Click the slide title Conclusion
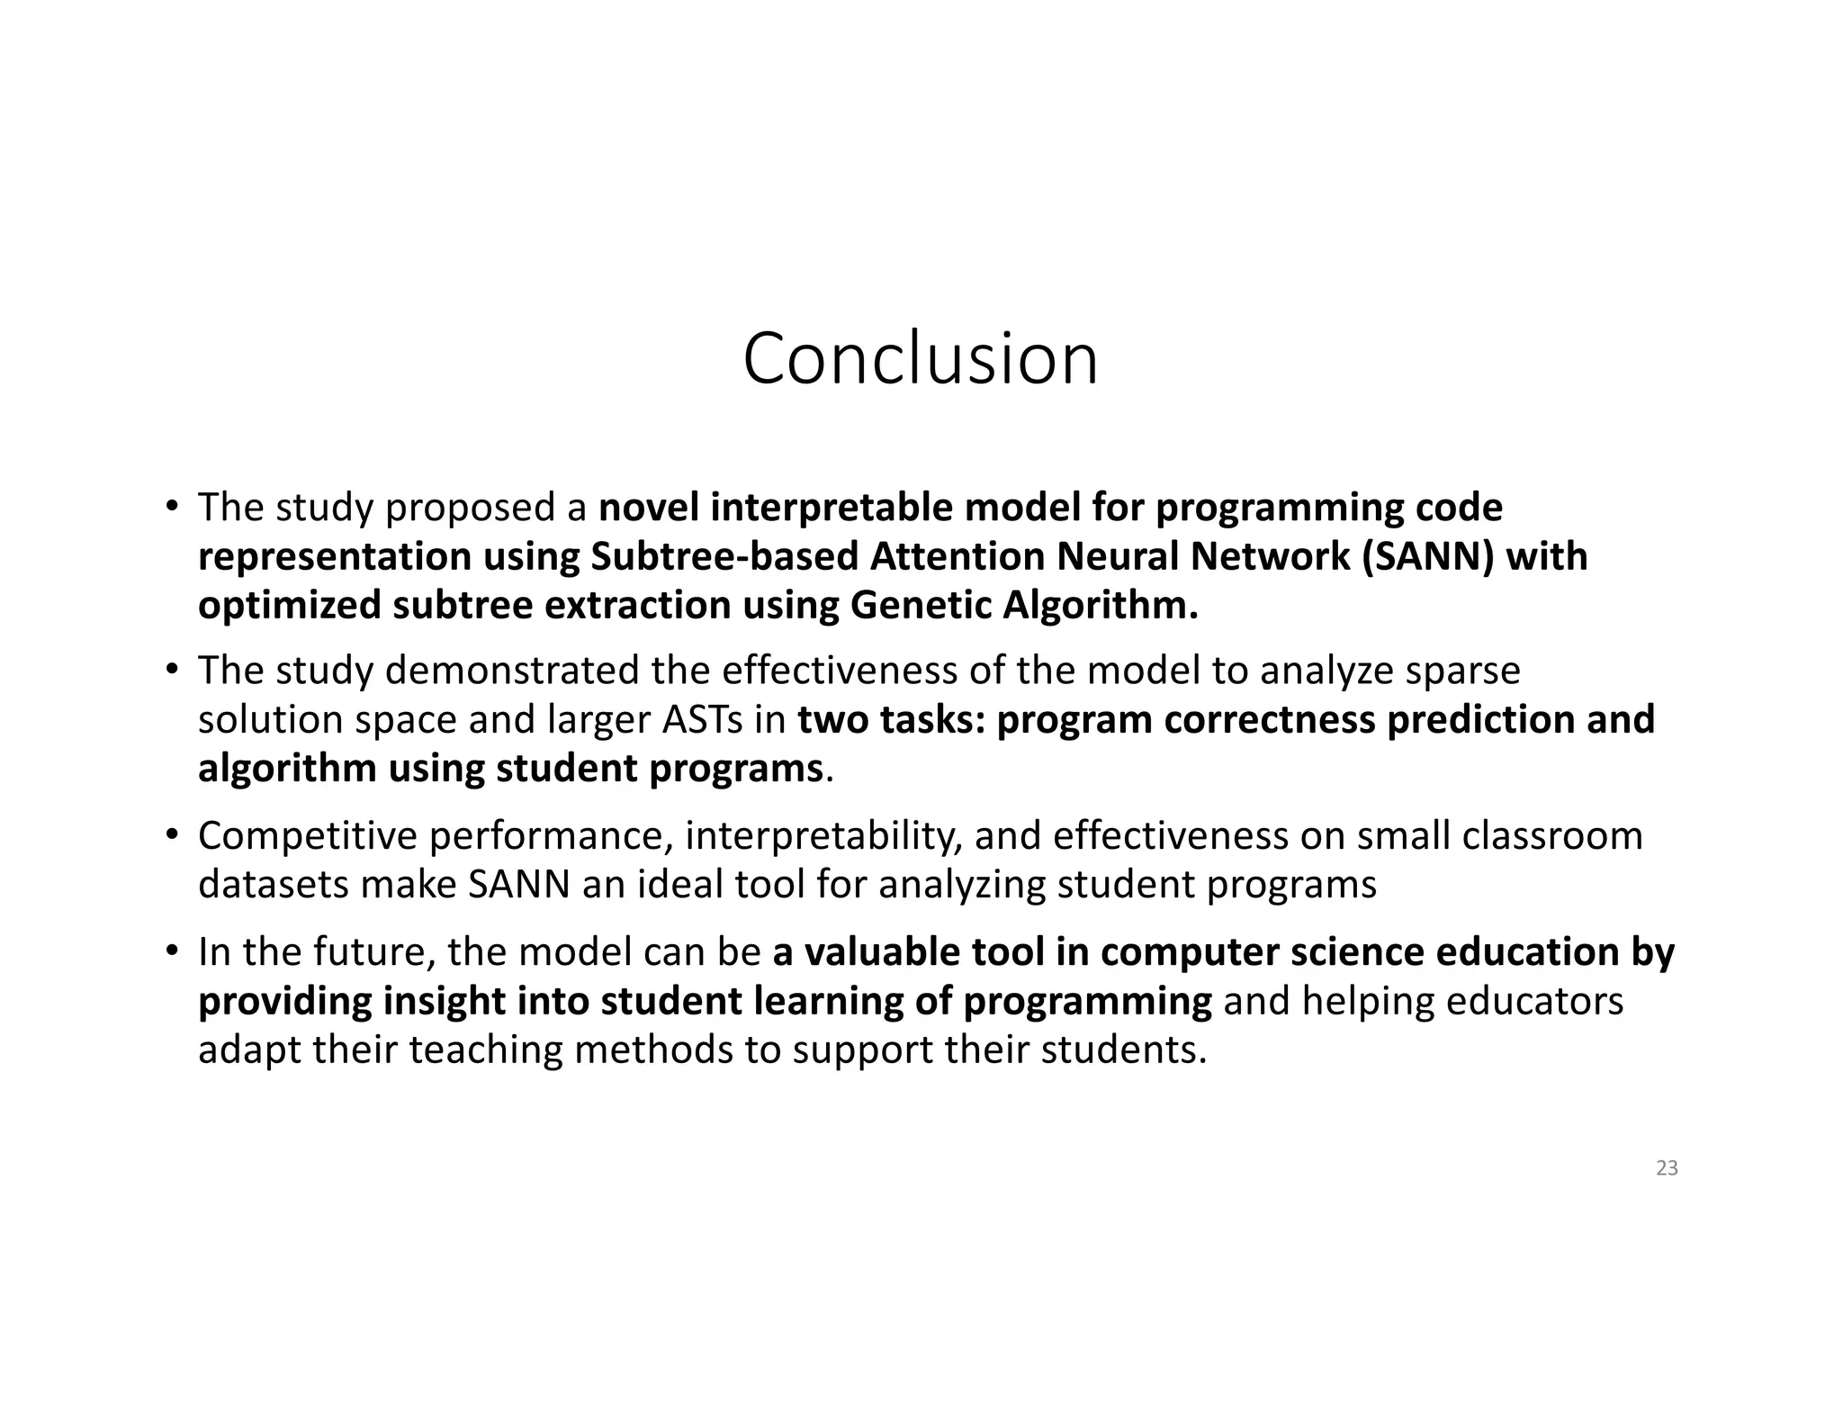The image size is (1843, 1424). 920,359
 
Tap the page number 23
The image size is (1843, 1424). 1667,1168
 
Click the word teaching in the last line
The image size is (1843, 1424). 485,1050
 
